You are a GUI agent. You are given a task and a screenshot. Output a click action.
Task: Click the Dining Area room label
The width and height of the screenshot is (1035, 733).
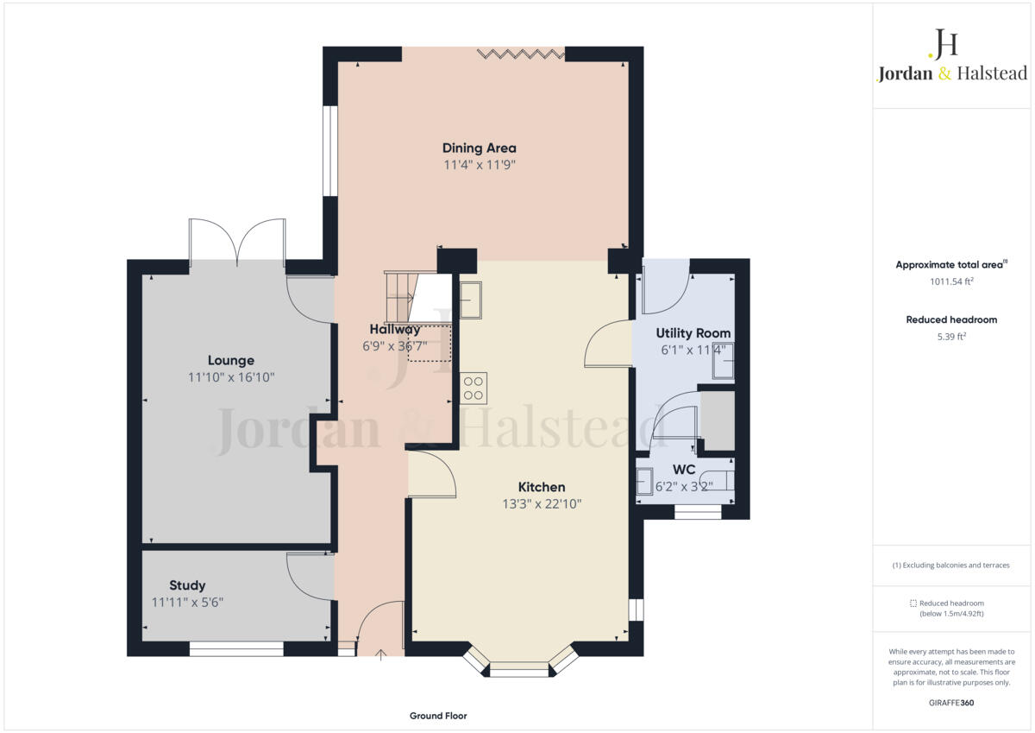[x=479, y=148]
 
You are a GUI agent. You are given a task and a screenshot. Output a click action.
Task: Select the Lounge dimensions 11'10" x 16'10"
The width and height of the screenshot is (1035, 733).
[x=231, y=377]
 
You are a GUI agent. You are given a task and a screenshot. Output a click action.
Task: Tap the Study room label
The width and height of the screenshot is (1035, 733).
[x=187, y=585]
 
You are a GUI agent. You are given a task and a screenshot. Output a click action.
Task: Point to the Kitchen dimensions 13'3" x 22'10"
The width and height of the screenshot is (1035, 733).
[x=542, y=504]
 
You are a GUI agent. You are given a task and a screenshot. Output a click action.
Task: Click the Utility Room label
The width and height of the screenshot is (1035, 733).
[x=693, y=332]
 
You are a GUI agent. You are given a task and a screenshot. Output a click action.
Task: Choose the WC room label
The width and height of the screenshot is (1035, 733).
[x=684, y=469]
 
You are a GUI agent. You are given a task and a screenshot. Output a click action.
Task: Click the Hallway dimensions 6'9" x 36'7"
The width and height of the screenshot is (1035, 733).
[x=393, y=345]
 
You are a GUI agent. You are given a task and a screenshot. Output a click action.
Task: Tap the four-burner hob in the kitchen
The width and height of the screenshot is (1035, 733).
[x=473, y=388]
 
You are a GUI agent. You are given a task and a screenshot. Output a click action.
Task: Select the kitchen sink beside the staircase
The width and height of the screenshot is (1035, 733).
[x=471, y=300]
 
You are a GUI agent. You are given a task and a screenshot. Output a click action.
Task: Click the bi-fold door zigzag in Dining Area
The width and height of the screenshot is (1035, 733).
[x=521, y=54]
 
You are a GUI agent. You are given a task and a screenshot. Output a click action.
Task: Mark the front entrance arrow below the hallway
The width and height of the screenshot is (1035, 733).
[x=380, y=656]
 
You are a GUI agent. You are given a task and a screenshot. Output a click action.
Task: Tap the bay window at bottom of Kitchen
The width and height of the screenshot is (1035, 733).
[x=519, y=666]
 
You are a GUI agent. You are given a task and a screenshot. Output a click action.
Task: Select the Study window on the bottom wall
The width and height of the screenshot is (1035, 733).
[x=236, y=648]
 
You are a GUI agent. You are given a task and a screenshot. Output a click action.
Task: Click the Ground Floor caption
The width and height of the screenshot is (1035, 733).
[x=438, y=716]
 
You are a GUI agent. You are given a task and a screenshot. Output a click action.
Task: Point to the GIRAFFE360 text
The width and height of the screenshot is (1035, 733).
[x=951, y=703]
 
